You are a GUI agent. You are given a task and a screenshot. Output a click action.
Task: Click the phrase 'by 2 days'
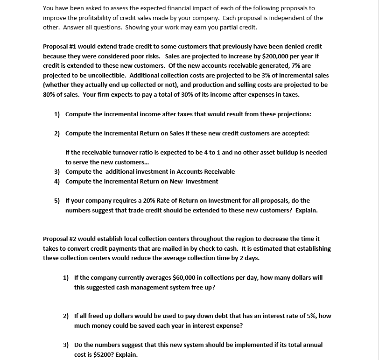click(x=246, y=258)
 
